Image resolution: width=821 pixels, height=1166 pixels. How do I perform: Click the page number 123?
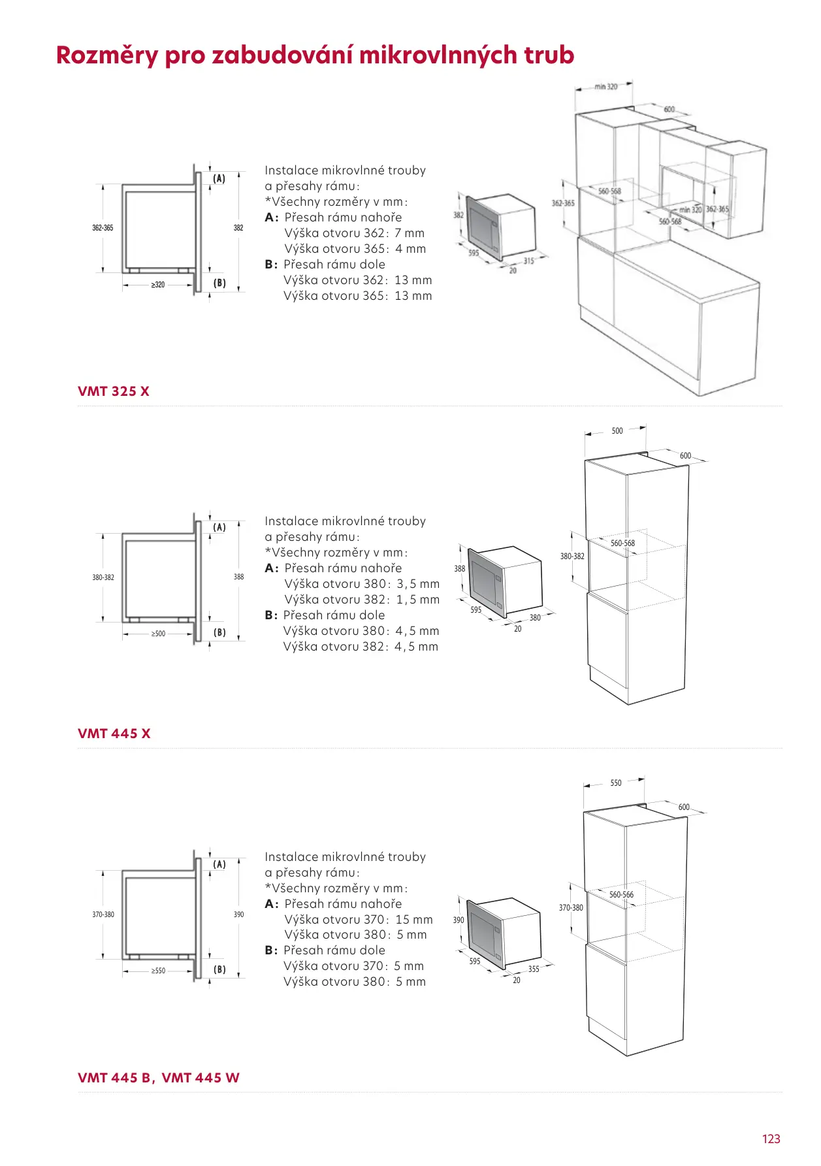click(x=771, y=1139)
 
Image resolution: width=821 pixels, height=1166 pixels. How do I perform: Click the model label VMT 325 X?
click(x=114, y=391)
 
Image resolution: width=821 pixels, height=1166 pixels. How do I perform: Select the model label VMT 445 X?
click(x=114, y=734)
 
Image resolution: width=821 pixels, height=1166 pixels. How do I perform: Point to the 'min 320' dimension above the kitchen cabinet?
click(x=605, y=86)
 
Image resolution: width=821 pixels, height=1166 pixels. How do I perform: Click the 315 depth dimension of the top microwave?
click(x=528, y=261)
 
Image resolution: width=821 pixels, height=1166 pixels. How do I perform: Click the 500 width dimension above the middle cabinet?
click(x=617, y=430)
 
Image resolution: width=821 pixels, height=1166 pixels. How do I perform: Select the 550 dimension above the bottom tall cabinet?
click(x=616, y=783)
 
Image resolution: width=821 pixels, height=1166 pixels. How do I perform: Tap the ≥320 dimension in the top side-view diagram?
click(x=158, y=285)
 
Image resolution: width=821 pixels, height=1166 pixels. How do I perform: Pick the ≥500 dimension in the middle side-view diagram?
click(x=158, y=634)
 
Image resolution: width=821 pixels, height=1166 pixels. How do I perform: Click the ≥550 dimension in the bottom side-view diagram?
click(x=158, y=971)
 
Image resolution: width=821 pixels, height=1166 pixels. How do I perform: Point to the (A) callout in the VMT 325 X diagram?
click(x=219, y=178)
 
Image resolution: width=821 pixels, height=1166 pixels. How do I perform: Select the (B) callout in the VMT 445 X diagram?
click(x=219, y=632)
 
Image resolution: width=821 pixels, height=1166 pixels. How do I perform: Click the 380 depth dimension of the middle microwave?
click(x=535, y=617)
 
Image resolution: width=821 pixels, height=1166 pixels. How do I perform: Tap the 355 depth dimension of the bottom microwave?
click(x=534, y=969)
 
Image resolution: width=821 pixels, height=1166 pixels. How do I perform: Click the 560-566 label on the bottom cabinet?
click(x=621, y=894)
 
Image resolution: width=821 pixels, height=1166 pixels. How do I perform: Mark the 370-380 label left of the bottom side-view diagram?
click(x=103, y=915)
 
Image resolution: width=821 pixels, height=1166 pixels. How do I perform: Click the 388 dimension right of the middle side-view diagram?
click(x=239, y=577)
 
